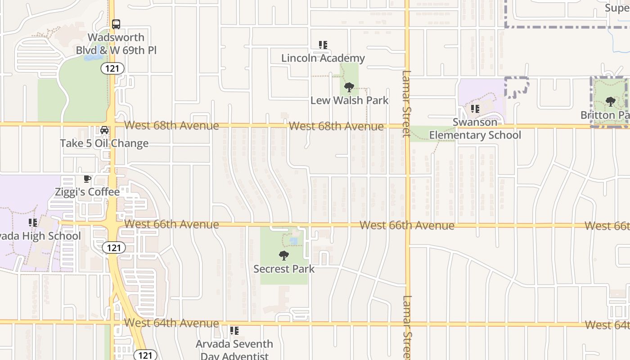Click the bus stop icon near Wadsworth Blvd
[116, 24]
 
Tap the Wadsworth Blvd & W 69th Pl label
[116, 44]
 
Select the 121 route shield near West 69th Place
[112, 68]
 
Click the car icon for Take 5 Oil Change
[104, 130]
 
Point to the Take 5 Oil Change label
[104, 143]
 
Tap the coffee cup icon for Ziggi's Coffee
[87, 179]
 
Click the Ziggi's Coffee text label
[87, 192]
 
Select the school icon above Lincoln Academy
[323, 45]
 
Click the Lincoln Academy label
[323, 58]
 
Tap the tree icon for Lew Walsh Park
[349, 87]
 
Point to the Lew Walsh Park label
[349, 100]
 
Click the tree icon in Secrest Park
[283, 256]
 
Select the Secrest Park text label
[284, 269]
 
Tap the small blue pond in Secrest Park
[293, 242]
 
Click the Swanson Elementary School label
[475, 129]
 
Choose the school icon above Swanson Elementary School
[475, 109]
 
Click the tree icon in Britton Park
[610, 102]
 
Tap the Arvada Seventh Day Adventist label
[234, 350]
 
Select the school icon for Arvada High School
[33, 223]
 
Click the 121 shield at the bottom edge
[145, 355]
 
